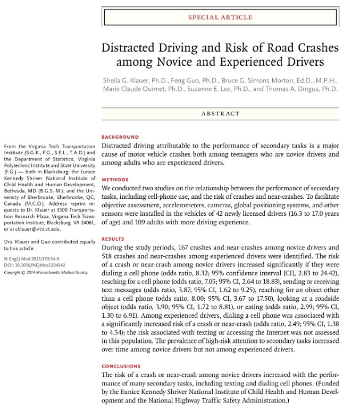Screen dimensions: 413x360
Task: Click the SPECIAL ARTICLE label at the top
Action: coord(220,17)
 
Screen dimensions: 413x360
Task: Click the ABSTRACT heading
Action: coord(220,113)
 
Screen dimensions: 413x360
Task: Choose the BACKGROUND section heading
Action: coord(120,137)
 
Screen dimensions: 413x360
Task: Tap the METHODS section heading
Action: coord(114,180)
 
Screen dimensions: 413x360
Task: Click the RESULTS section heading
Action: coord(113,239)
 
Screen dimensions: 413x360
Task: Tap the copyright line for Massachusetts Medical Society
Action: coord(45,272)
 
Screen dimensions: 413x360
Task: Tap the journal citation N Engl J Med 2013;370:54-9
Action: coord(30,259)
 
